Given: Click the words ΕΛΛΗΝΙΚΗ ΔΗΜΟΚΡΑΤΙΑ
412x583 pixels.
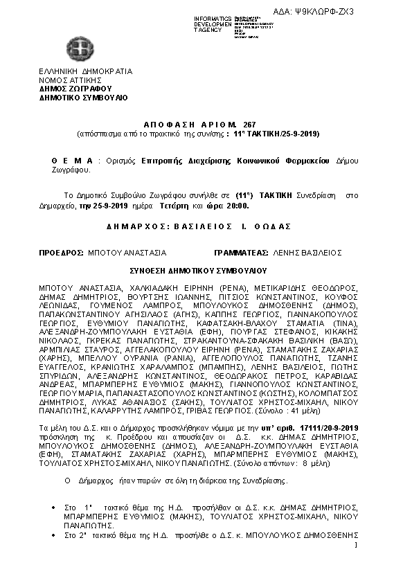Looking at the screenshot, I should point(86,71).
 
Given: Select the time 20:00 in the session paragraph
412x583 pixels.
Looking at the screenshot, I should point(235,206).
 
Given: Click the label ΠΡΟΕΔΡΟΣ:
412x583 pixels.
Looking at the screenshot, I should point(62,253).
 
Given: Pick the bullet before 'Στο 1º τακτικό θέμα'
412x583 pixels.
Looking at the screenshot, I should point(55,508).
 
